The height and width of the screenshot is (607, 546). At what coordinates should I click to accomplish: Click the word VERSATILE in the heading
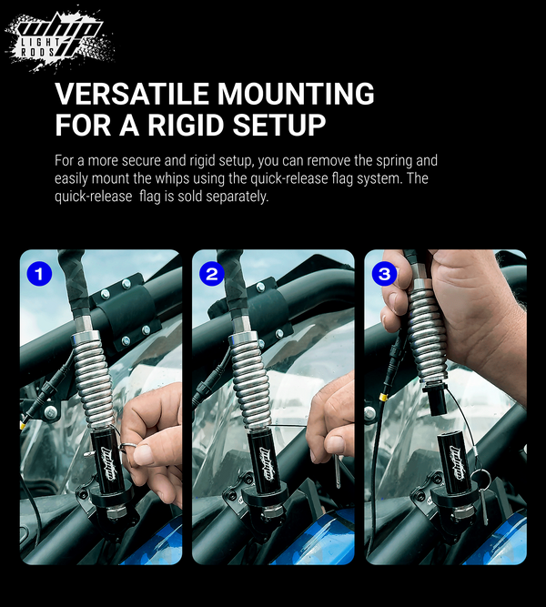tap(133, 94)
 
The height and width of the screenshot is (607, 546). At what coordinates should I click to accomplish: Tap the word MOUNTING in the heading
tap(296, 94)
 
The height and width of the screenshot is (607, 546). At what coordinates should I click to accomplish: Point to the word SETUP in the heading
tap(278, 125)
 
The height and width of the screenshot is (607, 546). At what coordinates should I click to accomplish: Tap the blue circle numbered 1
tap(39, 275)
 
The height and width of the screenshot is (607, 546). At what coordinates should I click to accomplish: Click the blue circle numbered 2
tap(212, 275)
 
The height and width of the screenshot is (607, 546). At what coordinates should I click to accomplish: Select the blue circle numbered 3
tap(385, 275)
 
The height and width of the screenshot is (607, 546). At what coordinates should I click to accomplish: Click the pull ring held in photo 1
tap(127, 448)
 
